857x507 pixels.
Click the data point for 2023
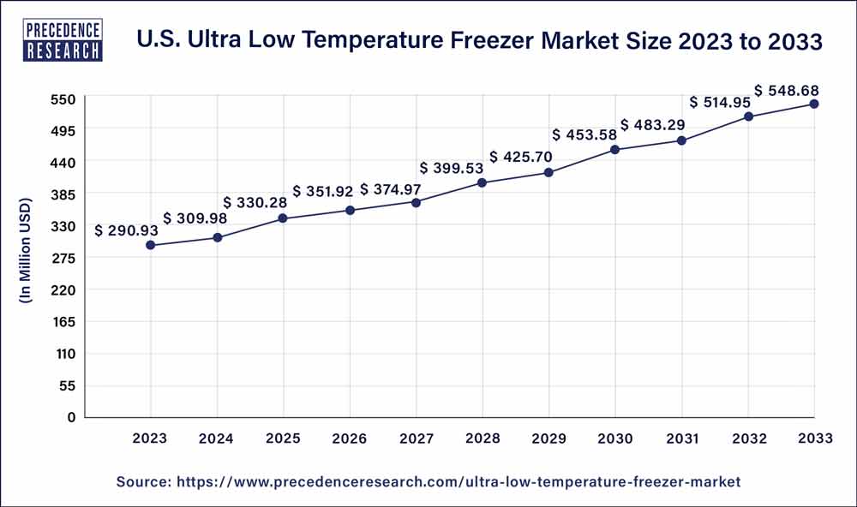pyautogui.click(x=151, y=246)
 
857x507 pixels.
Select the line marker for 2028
pyautogui.click(x=482, y=182)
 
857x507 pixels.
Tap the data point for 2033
pyautogui.click(x=814, y=104)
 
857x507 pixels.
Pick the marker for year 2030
pyautogui.click(x=615, y=150)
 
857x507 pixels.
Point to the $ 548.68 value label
pyautogui.click(x=790, y=89)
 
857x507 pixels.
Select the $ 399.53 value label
pyautogui.click(x=455, y=167)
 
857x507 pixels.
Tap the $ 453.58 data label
pyautogui.click(x=589, y=134)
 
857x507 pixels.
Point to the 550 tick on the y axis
pyautogui.click(x=66, y=98)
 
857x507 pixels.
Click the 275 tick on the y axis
pyautogui.click(x=66, y=258)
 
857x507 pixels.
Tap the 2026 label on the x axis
pyautogui.click(x=350, y=438)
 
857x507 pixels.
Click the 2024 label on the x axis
pyautogui.click(x=218, y=438)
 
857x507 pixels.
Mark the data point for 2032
pyautogui.click(x=748, y=116)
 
